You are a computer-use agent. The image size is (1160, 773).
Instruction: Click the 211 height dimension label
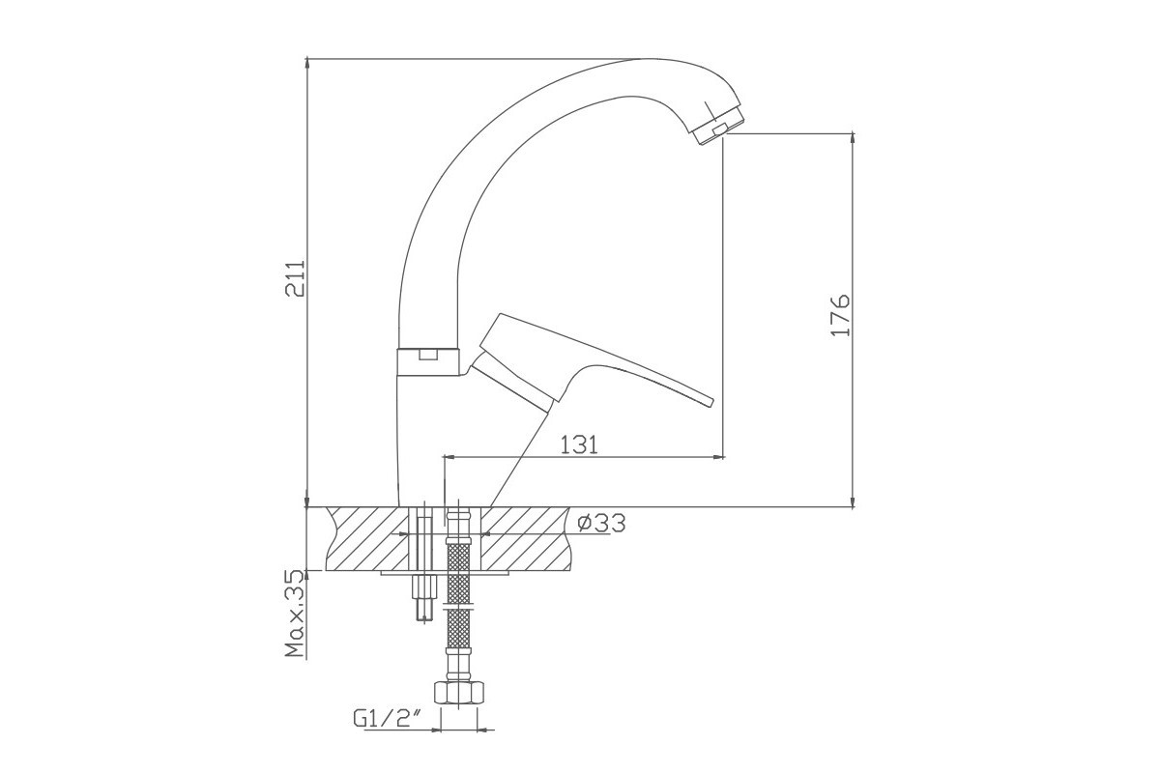(296, 278)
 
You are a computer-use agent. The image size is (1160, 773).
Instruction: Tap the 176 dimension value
(840, 315)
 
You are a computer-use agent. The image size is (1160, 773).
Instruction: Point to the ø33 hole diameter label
(601, 523)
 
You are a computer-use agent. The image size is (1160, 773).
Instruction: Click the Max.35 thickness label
(296, 613)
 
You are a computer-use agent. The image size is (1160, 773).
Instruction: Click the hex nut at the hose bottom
(459, 693)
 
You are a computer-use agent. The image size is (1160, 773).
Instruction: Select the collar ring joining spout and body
(427, 361)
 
